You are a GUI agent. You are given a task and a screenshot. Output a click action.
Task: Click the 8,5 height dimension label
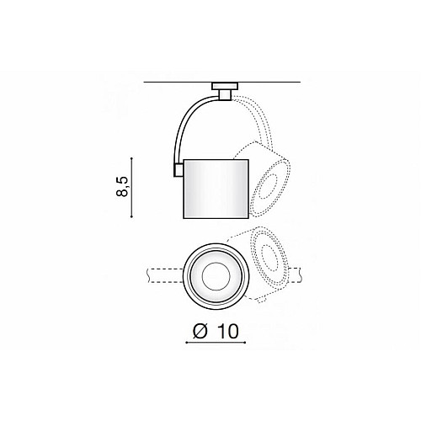[123, 187]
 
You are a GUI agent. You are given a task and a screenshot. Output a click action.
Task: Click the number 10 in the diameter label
[227, 331]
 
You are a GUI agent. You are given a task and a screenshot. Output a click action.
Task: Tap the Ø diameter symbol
[200, 331]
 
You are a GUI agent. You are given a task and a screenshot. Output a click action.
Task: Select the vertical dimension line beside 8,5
[131, 188]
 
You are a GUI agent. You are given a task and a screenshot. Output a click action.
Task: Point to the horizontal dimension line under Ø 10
[216, 343]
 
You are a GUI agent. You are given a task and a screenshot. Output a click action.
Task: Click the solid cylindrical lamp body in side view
[216, 189]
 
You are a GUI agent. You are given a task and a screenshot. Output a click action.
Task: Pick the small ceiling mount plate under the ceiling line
[225, 86]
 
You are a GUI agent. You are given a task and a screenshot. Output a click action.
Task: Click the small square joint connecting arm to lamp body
[179, 170]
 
